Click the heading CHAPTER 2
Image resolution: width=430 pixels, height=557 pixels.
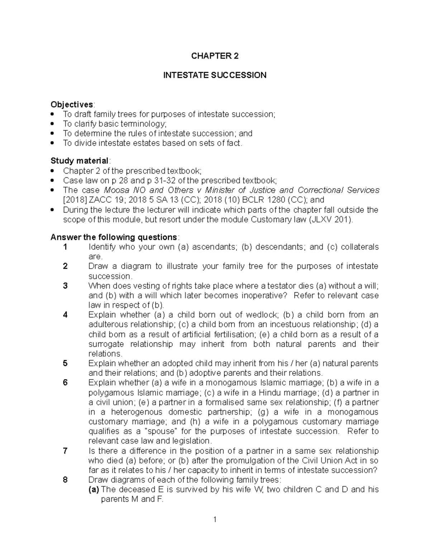215,56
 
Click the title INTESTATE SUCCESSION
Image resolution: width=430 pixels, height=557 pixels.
215,75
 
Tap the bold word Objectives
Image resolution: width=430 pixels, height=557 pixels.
72,104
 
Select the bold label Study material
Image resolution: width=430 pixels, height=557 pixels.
79,160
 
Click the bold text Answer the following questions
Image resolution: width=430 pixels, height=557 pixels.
114,237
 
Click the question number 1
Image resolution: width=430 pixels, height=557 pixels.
65,247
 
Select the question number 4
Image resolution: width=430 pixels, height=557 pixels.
65,315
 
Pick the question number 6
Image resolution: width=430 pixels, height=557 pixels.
65,383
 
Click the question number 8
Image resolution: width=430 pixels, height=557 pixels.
65,480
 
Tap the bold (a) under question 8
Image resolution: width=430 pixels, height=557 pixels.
94,490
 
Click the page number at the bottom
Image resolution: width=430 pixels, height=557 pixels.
215,519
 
